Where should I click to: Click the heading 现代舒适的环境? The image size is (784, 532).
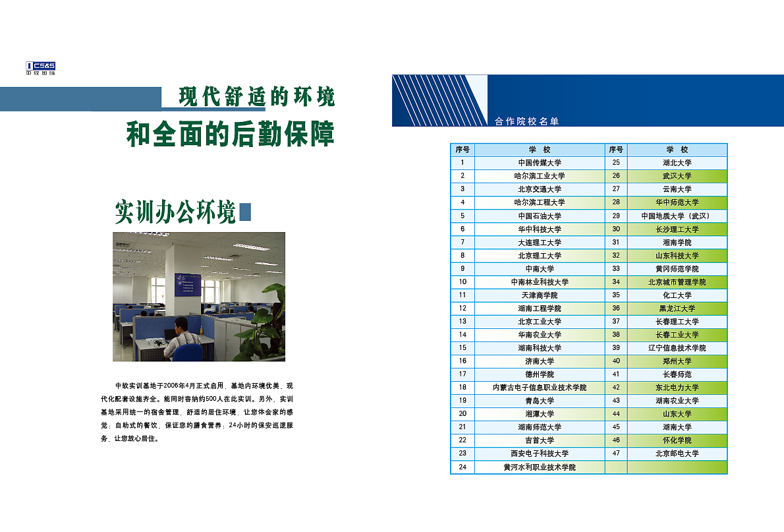[257, 97]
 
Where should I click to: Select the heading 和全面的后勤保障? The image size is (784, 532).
[231, 134]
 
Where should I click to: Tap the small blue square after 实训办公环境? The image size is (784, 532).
[244, 211]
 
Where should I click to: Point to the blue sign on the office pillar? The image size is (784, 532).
[187, 285]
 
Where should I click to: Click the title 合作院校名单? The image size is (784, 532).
[526, 121]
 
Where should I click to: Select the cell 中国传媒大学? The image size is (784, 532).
[540, 163]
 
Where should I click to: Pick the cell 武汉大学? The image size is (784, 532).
[677, 176]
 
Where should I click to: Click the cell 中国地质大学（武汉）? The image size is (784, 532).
[677, 216]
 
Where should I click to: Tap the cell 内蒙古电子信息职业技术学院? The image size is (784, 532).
[540, 388]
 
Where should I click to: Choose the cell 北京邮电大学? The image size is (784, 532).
[677, 454]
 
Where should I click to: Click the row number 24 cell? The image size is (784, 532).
[462, 467]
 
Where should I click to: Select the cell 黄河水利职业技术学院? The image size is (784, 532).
[540, 467]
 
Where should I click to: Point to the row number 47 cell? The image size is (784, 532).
[616, 454]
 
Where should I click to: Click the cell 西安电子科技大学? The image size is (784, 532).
[540, 454]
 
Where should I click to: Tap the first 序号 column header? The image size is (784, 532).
[462, 150]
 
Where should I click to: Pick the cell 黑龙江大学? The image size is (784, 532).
[677, 308]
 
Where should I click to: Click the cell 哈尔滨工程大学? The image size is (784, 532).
[540, 202]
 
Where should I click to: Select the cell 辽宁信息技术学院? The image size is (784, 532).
[677, 347]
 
